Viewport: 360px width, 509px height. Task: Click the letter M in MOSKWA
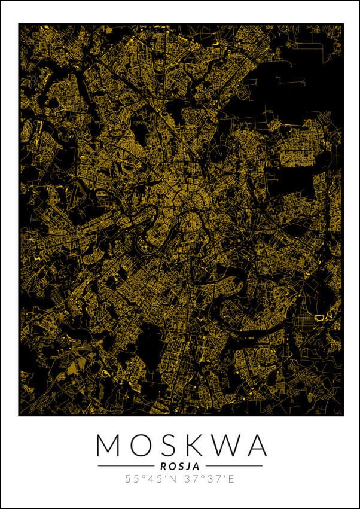coord(109,445)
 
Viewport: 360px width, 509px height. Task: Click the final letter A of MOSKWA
coord(254,445)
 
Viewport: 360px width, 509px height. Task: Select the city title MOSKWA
coord(181,445)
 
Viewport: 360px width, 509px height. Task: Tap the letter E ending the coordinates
coord(231,478)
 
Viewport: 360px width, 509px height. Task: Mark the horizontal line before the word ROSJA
coord(126,465)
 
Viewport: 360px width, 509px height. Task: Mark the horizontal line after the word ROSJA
coord(234,465)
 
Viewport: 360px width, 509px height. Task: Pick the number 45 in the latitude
coord(152,478)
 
